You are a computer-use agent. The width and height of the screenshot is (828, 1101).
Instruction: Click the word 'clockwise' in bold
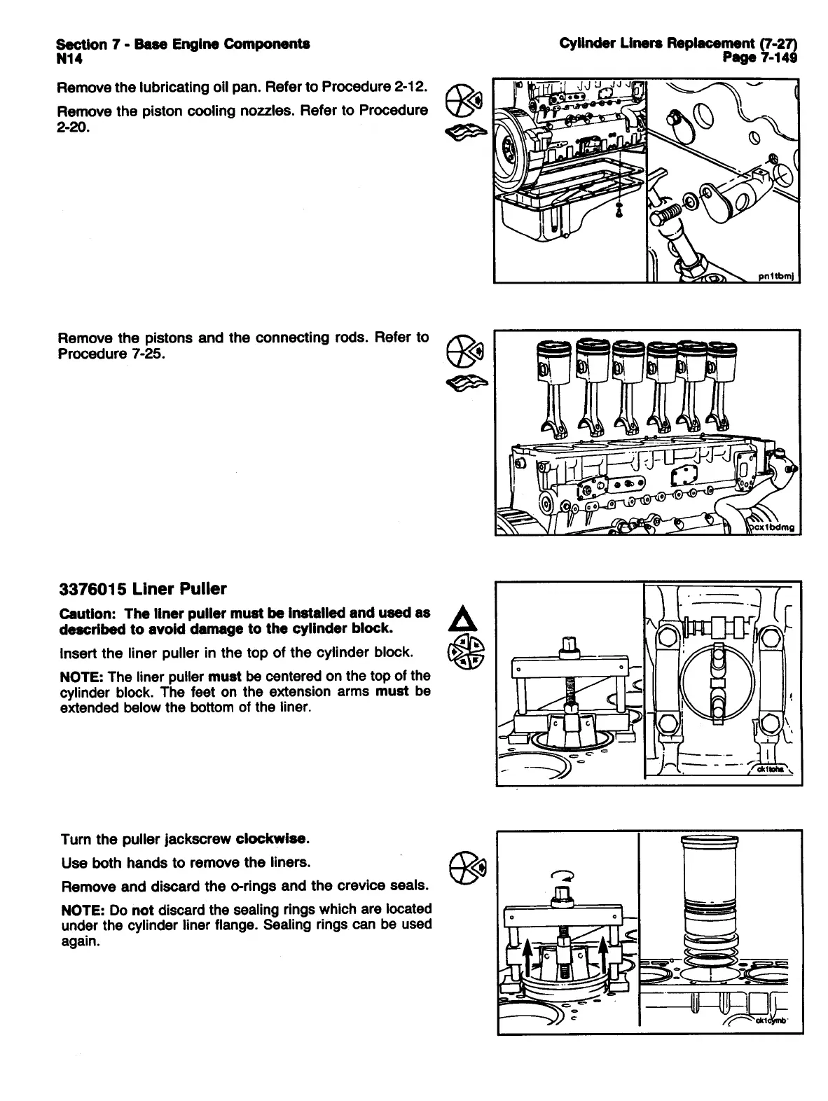[x=272, y=838]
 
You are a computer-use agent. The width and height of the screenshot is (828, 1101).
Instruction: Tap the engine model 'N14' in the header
[x=69, y=59]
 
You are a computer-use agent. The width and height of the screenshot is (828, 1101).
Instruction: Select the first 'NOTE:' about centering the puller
[x=82, y=676]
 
